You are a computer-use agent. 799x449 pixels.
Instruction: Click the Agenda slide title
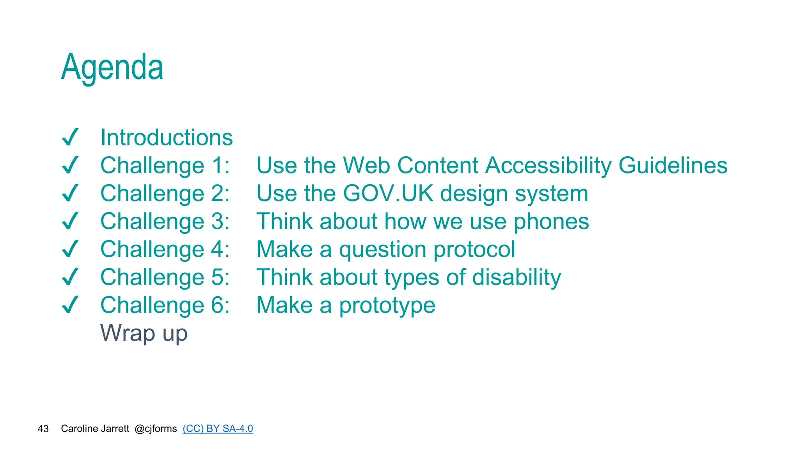coord(112,67)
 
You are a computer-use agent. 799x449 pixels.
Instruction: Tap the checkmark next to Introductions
coord(71,137)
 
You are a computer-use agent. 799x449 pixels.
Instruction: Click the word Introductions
coord(167,138)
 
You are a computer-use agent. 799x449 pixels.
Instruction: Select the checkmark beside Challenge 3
coord(71,221)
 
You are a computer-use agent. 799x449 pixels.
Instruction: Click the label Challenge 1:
coord(165,166)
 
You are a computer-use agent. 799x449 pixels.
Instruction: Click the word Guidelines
coord(673,166)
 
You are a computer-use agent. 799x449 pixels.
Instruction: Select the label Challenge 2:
coord(165,194)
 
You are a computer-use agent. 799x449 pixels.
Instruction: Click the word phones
coord(551,222)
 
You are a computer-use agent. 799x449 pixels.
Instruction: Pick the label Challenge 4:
coord(165,249)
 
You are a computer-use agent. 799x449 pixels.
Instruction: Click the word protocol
coord(474,249)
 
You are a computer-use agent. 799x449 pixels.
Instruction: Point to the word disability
coord(517,278)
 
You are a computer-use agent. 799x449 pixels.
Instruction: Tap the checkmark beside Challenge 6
coord(71,305)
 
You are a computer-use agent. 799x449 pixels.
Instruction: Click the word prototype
coord(387,306)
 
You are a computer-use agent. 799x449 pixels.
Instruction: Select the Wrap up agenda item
coord(144,334)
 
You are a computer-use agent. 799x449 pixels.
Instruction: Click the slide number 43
coord(43,429)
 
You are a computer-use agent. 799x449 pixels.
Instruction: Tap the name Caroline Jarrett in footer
coord(95,429)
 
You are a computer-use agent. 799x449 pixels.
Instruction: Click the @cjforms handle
coord(156,429)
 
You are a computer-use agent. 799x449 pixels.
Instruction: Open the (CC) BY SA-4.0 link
coord(218,429)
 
